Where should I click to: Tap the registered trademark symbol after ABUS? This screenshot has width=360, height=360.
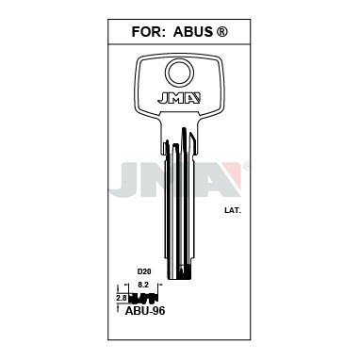222,32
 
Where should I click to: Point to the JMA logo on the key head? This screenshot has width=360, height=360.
179,98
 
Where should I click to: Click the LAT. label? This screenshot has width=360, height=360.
233,211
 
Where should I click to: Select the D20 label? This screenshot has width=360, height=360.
143,272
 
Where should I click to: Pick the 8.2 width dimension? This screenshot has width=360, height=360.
143,285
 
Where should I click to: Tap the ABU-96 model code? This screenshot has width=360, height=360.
145,311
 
